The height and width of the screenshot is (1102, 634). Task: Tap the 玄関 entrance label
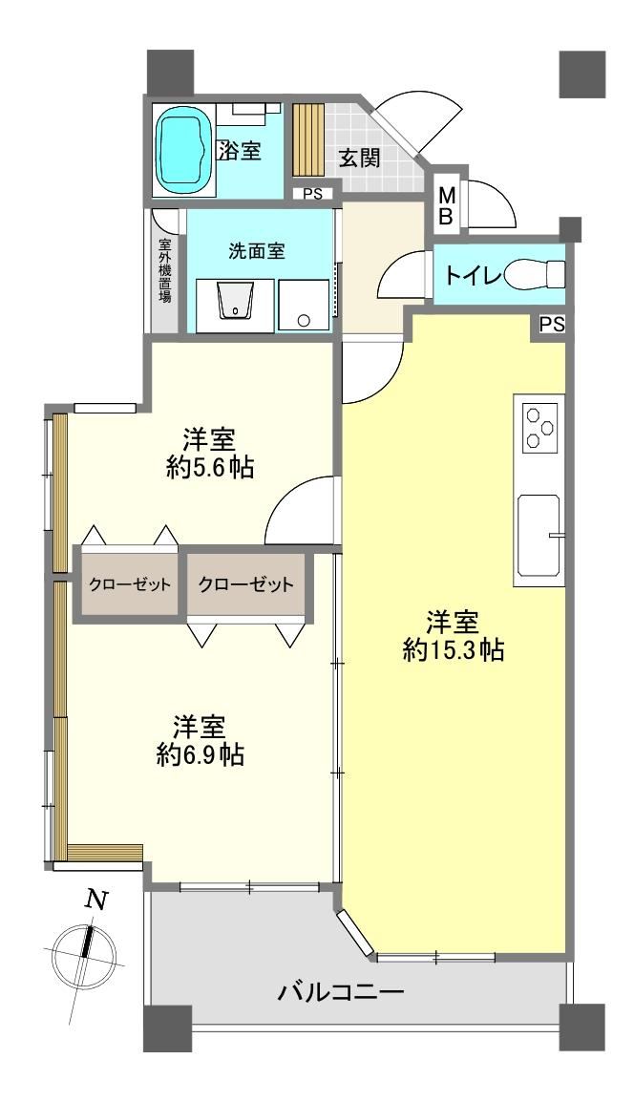point(360,159)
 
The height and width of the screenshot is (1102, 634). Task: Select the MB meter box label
point(446,206)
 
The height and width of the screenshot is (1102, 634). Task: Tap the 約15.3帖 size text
point(454,651)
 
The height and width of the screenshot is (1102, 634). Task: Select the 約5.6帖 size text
point(210,467)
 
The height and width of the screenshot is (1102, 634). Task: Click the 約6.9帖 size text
point(201,754)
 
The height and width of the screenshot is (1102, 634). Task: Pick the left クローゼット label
point(130,584)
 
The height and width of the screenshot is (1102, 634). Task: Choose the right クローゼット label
point(245,584)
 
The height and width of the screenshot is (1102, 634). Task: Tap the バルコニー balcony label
point(343,993)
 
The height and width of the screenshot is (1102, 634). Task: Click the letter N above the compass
point(97,900)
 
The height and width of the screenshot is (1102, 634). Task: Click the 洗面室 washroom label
point(257,251)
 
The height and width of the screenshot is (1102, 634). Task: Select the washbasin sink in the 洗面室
point(235,302)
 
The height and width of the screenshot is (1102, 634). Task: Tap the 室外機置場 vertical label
point(165,270)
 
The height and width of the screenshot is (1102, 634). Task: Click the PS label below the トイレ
point(553,325)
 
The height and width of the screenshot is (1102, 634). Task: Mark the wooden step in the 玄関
point(306,140)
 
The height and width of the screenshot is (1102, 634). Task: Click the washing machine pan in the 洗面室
point(304,306)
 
